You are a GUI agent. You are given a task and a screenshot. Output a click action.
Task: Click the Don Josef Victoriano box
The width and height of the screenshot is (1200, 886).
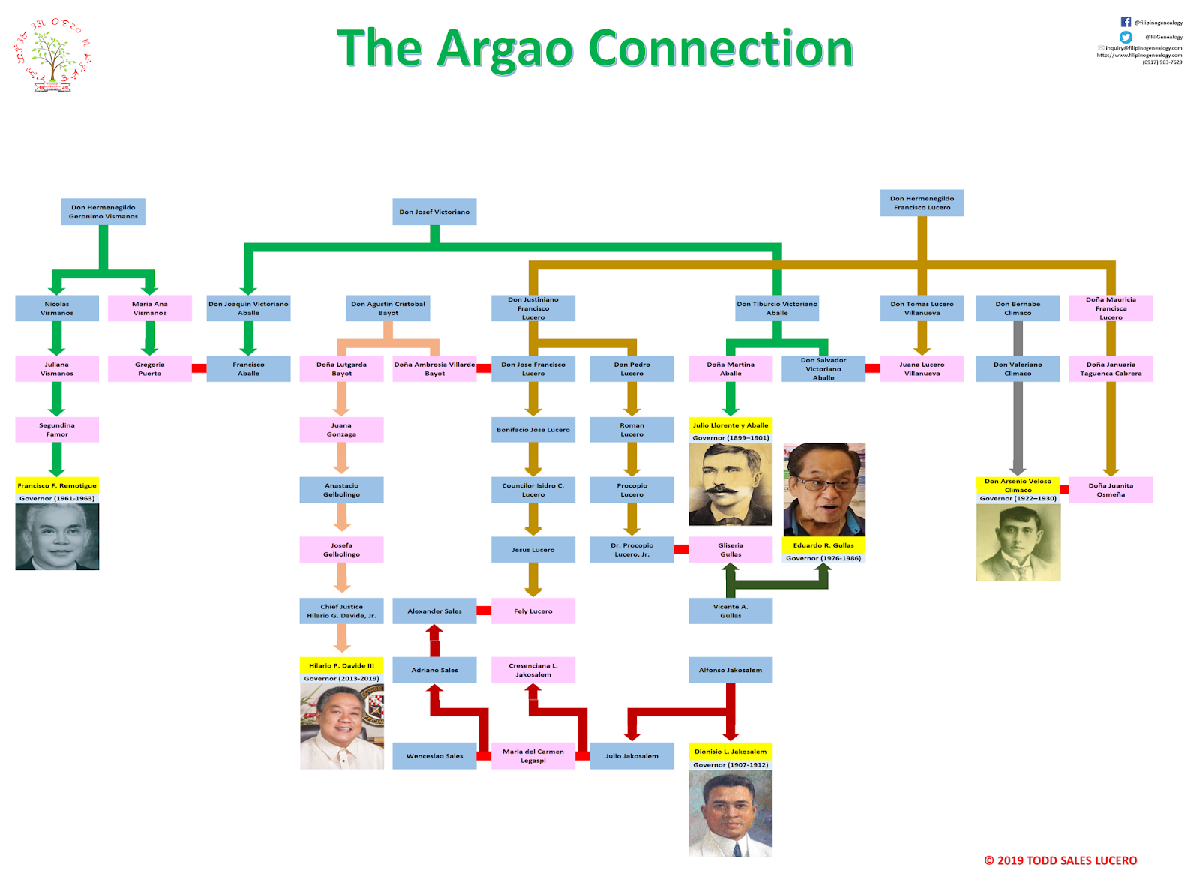point(434,212)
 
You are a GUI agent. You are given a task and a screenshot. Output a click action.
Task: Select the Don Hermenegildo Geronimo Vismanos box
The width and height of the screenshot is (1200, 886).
point(103,212)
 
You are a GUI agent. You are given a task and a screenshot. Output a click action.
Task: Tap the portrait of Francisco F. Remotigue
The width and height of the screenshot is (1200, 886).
point(57,536)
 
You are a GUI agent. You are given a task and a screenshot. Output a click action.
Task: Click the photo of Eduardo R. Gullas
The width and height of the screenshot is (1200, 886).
point(824,490)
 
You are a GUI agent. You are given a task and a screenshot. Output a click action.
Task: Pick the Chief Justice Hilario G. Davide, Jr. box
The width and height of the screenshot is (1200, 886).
point(341,611)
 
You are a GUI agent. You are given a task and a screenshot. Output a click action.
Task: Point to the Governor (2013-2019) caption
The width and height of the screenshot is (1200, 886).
point(341,678)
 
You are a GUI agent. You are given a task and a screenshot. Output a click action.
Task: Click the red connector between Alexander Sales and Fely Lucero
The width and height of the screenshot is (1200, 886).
point(484,611)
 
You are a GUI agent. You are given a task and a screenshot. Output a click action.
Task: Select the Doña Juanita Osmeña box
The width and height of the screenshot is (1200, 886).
point(1111,490)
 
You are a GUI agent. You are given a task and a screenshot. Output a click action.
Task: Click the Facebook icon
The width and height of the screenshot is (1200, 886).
point(1126,22)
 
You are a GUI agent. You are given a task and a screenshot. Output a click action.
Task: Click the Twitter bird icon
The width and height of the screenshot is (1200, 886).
point(1126,37)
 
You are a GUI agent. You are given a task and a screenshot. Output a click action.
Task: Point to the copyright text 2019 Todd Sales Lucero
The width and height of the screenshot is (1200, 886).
point(1060,860)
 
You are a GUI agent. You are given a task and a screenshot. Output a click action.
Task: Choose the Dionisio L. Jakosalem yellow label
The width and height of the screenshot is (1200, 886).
point(730,751)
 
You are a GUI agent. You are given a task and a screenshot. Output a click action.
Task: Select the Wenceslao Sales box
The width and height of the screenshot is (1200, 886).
point(434,755)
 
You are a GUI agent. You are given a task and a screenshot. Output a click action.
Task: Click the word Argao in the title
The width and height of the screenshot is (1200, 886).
point(505,49)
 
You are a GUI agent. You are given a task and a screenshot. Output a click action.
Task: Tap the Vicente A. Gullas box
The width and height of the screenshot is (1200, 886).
point(730,611)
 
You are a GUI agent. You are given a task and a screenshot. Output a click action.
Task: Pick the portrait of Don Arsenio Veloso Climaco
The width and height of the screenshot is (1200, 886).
point(1018,542)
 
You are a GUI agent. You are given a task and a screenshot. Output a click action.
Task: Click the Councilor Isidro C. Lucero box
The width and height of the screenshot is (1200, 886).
point(533,490)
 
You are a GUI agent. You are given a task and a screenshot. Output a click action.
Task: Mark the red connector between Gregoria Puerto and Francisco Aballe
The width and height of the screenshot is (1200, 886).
point(199,368)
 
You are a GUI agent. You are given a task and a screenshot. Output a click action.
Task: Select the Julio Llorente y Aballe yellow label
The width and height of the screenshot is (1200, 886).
point(730,425)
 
